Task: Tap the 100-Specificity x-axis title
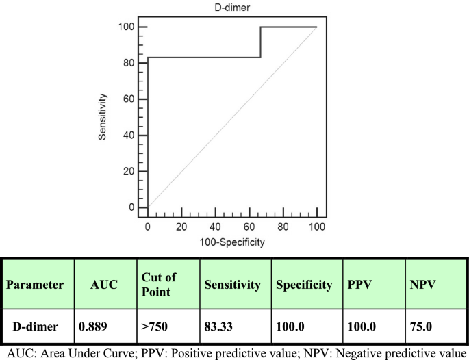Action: click(233, 242)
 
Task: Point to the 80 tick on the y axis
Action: click(129, 63)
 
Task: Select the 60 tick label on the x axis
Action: click(249, 226)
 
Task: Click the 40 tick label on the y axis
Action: click(129, 135)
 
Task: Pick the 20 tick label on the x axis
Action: click(181, 226)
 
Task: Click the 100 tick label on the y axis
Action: click(127, 27)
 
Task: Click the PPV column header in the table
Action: click(361, 283)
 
